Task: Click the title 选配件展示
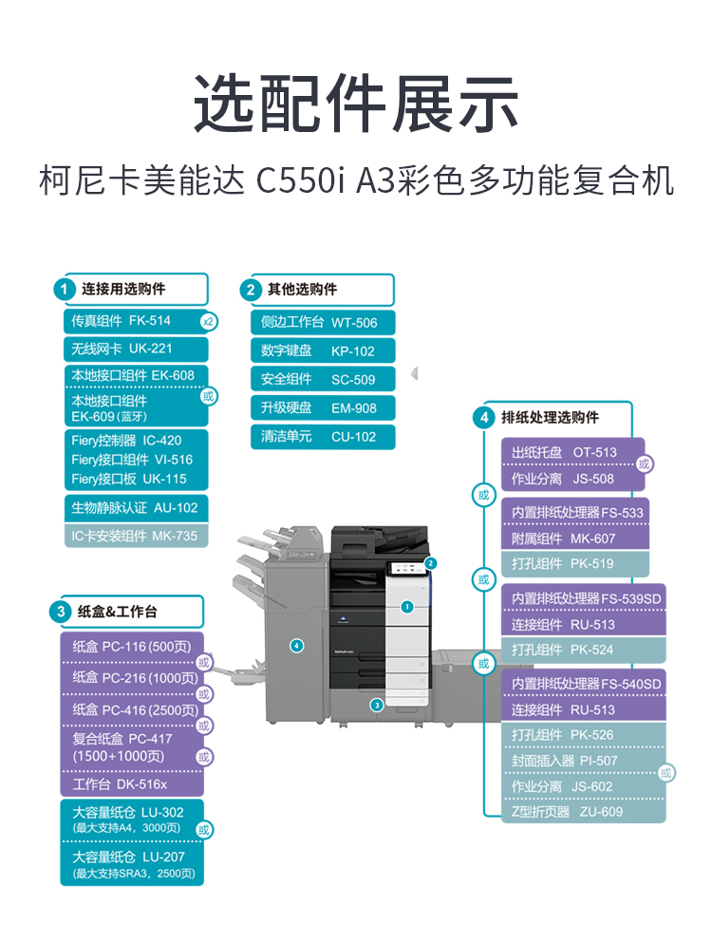point(356,103)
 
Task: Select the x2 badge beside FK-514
point(209,322)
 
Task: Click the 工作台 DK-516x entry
point(131,783)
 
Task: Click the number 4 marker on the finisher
point(297,646)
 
